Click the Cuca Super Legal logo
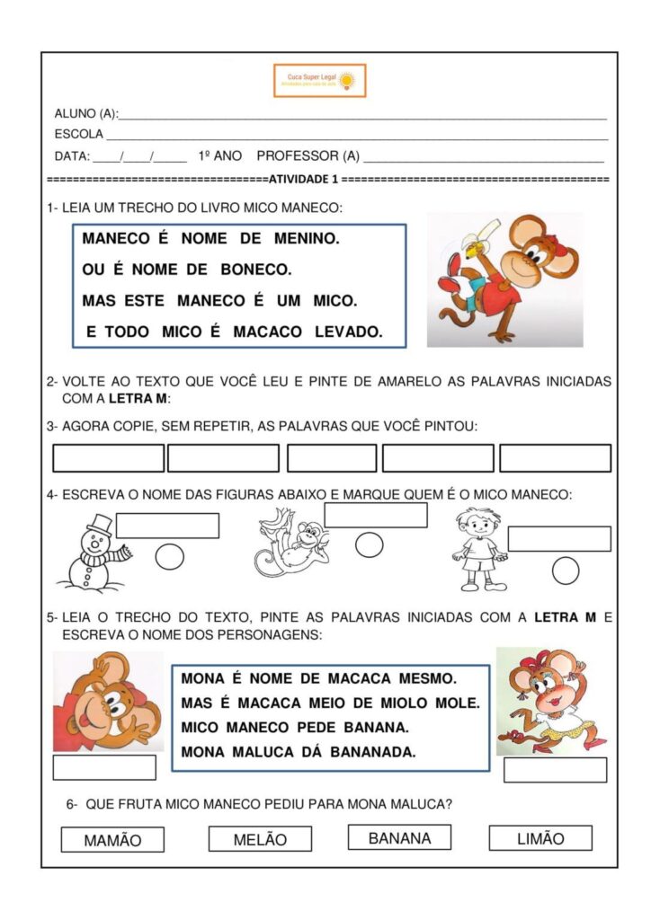point(320,80)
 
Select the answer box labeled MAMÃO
point(112,840)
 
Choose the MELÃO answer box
point(260,839)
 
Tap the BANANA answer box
point(399,837)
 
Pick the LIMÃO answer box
point(540,838)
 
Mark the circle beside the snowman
point(169,557)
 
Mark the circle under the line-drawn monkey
point(369,544)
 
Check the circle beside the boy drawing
point(566,571)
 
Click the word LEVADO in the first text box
point(348,332)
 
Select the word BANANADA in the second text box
point(373,752)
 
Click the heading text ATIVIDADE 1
point(303,180)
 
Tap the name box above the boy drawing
point(558,538)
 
